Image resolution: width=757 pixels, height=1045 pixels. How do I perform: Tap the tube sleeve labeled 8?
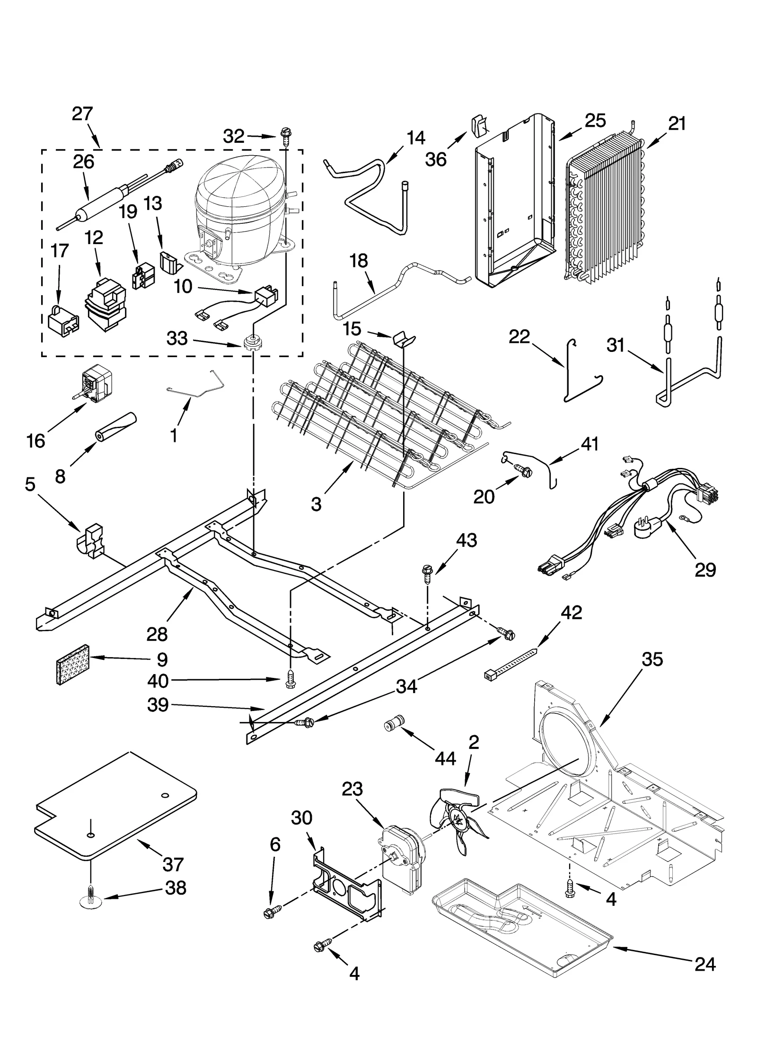116,427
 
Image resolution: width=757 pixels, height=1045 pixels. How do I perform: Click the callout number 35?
652,659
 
